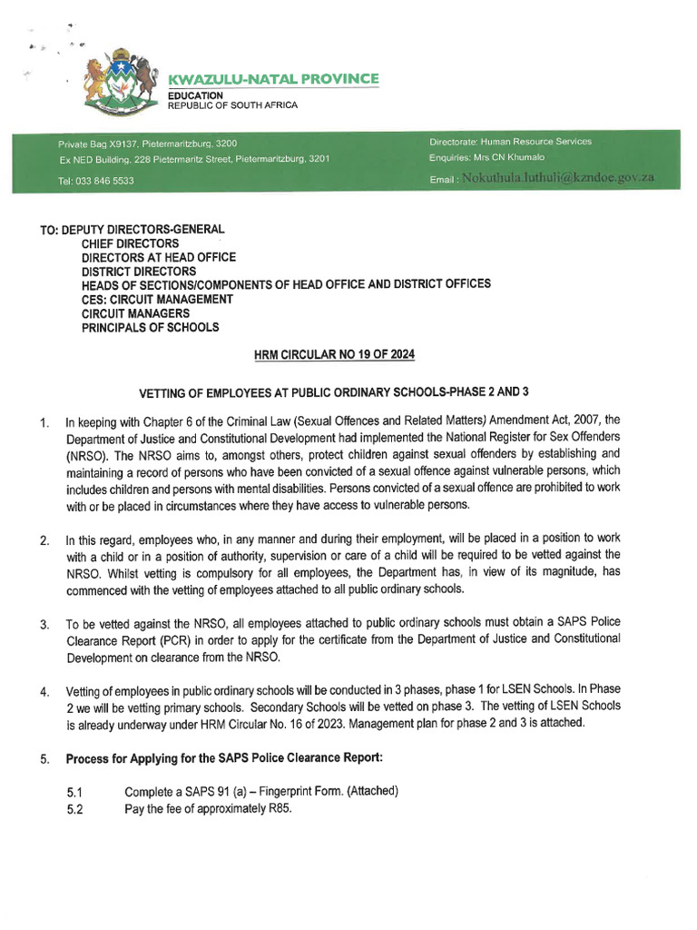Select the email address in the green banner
557,178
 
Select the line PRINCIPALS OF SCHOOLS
150,327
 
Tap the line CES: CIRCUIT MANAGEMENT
157,299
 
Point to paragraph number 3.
44,626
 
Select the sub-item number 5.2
74,810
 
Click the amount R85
277,809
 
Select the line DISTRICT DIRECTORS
138,271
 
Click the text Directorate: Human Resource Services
510,142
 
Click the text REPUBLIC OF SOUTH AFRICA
232,105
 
